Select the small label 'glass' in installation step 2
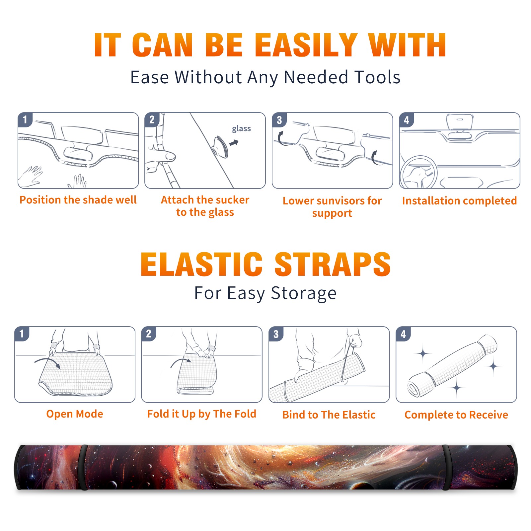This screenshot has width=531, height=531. point(241,129)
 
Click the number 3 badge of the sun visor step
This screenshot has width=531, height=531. point(279,120)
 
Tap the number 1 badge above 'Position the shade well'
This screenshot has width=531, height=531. point(25,119)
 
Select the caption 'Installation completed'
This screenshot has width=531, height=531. point(459,200)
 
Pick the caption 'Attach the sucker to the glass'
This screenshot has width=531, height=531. point(205,206)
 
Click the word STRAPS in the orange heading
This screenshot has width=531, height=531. point(333,264)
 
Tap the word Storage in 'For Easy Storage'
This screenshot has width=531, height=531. point(304,293)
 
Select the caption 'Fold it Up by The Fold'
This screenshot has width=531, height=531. point(202,414)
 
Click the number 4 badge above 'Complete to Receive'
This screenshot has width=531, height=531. point(403,334)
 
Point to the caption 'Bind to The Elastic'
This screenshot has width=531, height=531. point(329,415)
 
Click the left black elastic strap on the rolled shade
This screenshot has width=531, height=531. point(83,467)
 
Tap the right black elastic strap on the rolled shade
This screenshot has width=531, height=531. point(447,467)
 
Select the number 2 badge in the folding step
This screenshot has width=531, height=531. point(149,334)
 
